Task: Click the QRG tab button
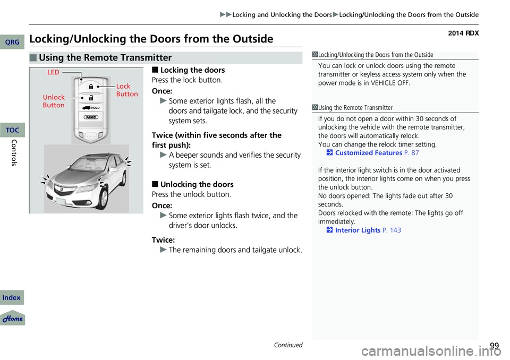(13, 42)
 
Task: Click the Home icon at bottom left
(13, 318)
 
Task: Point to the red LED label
(53, 72)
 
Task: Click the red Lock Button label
(126, 90)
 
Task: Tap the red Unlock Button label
(54, 101)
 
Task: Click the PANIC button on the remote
(91, 117)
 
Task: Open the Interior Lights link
(358, 230)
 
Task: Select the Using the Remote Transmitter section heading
(104, 58)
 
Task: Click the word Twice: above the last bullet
(164, 240)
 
